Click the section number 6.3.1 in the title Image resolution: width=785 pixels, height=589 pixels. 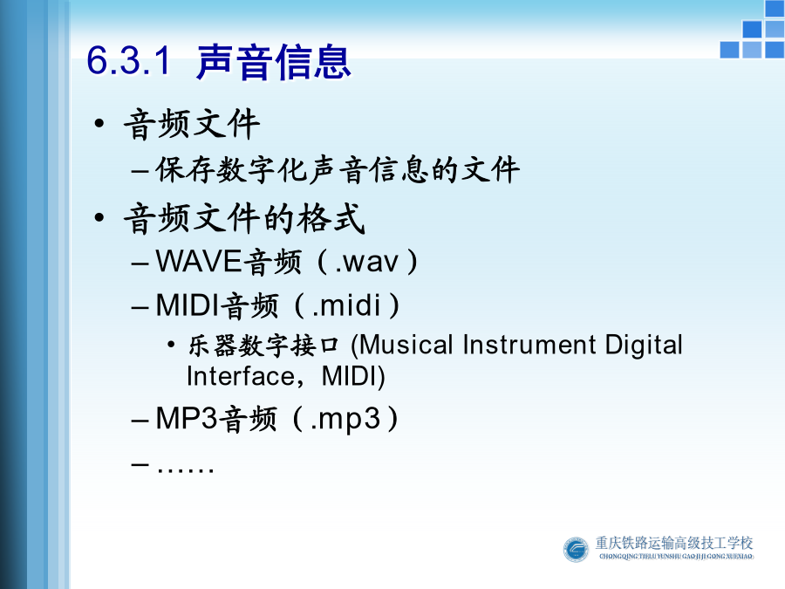coord(129,60)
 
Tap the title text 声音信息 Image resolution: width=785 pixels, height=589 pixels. coord(273,62)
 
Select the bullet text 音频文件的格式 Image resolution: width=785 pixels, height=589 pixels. coord(244,218)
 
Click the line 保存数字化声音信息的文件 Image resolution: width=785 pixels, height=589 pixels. coord(338,169)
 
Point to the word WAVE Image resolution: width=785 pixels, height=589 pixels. coord(199,261)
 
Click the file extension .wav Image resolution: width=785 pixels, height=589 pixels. coord(367,262)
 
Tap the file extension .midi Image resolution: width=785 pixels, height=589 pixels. coord(346,305)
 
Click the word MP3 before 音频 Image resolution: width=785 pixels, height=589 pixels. coord(188,418)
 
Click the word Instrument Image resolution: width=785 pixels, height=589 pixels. coord(529,345)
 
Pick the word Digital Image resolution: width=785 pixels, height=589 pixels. coord(644,346)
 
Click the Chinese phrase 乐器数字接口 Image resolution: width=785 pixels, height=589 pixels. coord(263,346)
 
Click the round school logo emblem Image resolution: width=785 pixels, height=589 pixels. coord(576,550)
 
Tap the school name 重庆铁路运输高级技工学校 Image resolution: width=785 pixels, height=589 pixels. coord(674,543)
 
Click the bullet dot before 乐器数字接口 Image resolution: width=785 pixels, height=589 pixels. coord(171,345)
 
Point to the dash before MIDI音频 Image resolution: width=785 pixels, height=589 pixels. coord(140,306)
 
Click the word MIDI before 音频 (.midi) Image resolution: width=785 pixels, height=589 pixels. coord(188,305)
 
